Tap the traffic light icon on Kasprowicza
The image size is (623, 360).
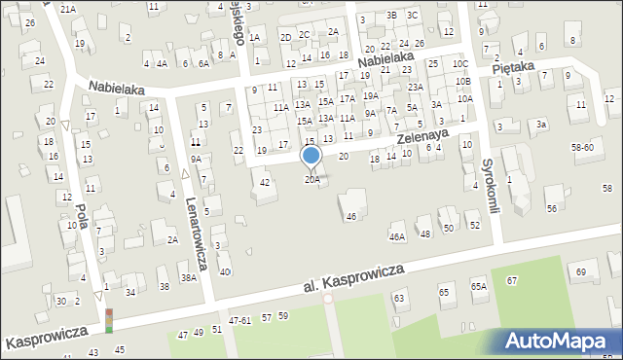tap(109, 321)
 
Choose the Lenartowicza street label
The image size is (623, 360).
tap(198, 234)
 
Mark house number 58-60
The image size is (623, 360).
tap(582, 147)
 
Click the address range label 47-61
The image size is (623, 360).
tap(240, 320)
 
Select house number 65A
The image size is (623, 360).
tap(478, 286)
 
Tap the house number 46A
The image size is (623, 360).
tap(396, 236)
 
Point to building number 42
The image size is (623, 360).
tap(265, 182)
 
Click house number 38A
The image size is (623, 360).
tap(188, 277)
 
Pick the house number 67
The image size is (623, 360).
tap(511, 280)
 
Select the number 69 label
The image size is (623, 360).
tap(582, 270)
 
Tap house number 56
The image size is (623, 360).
tap(551, 209)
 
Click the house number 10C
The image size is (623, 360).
tap(459, 64)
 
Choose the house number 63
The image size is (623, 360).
tap(398, 297)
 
